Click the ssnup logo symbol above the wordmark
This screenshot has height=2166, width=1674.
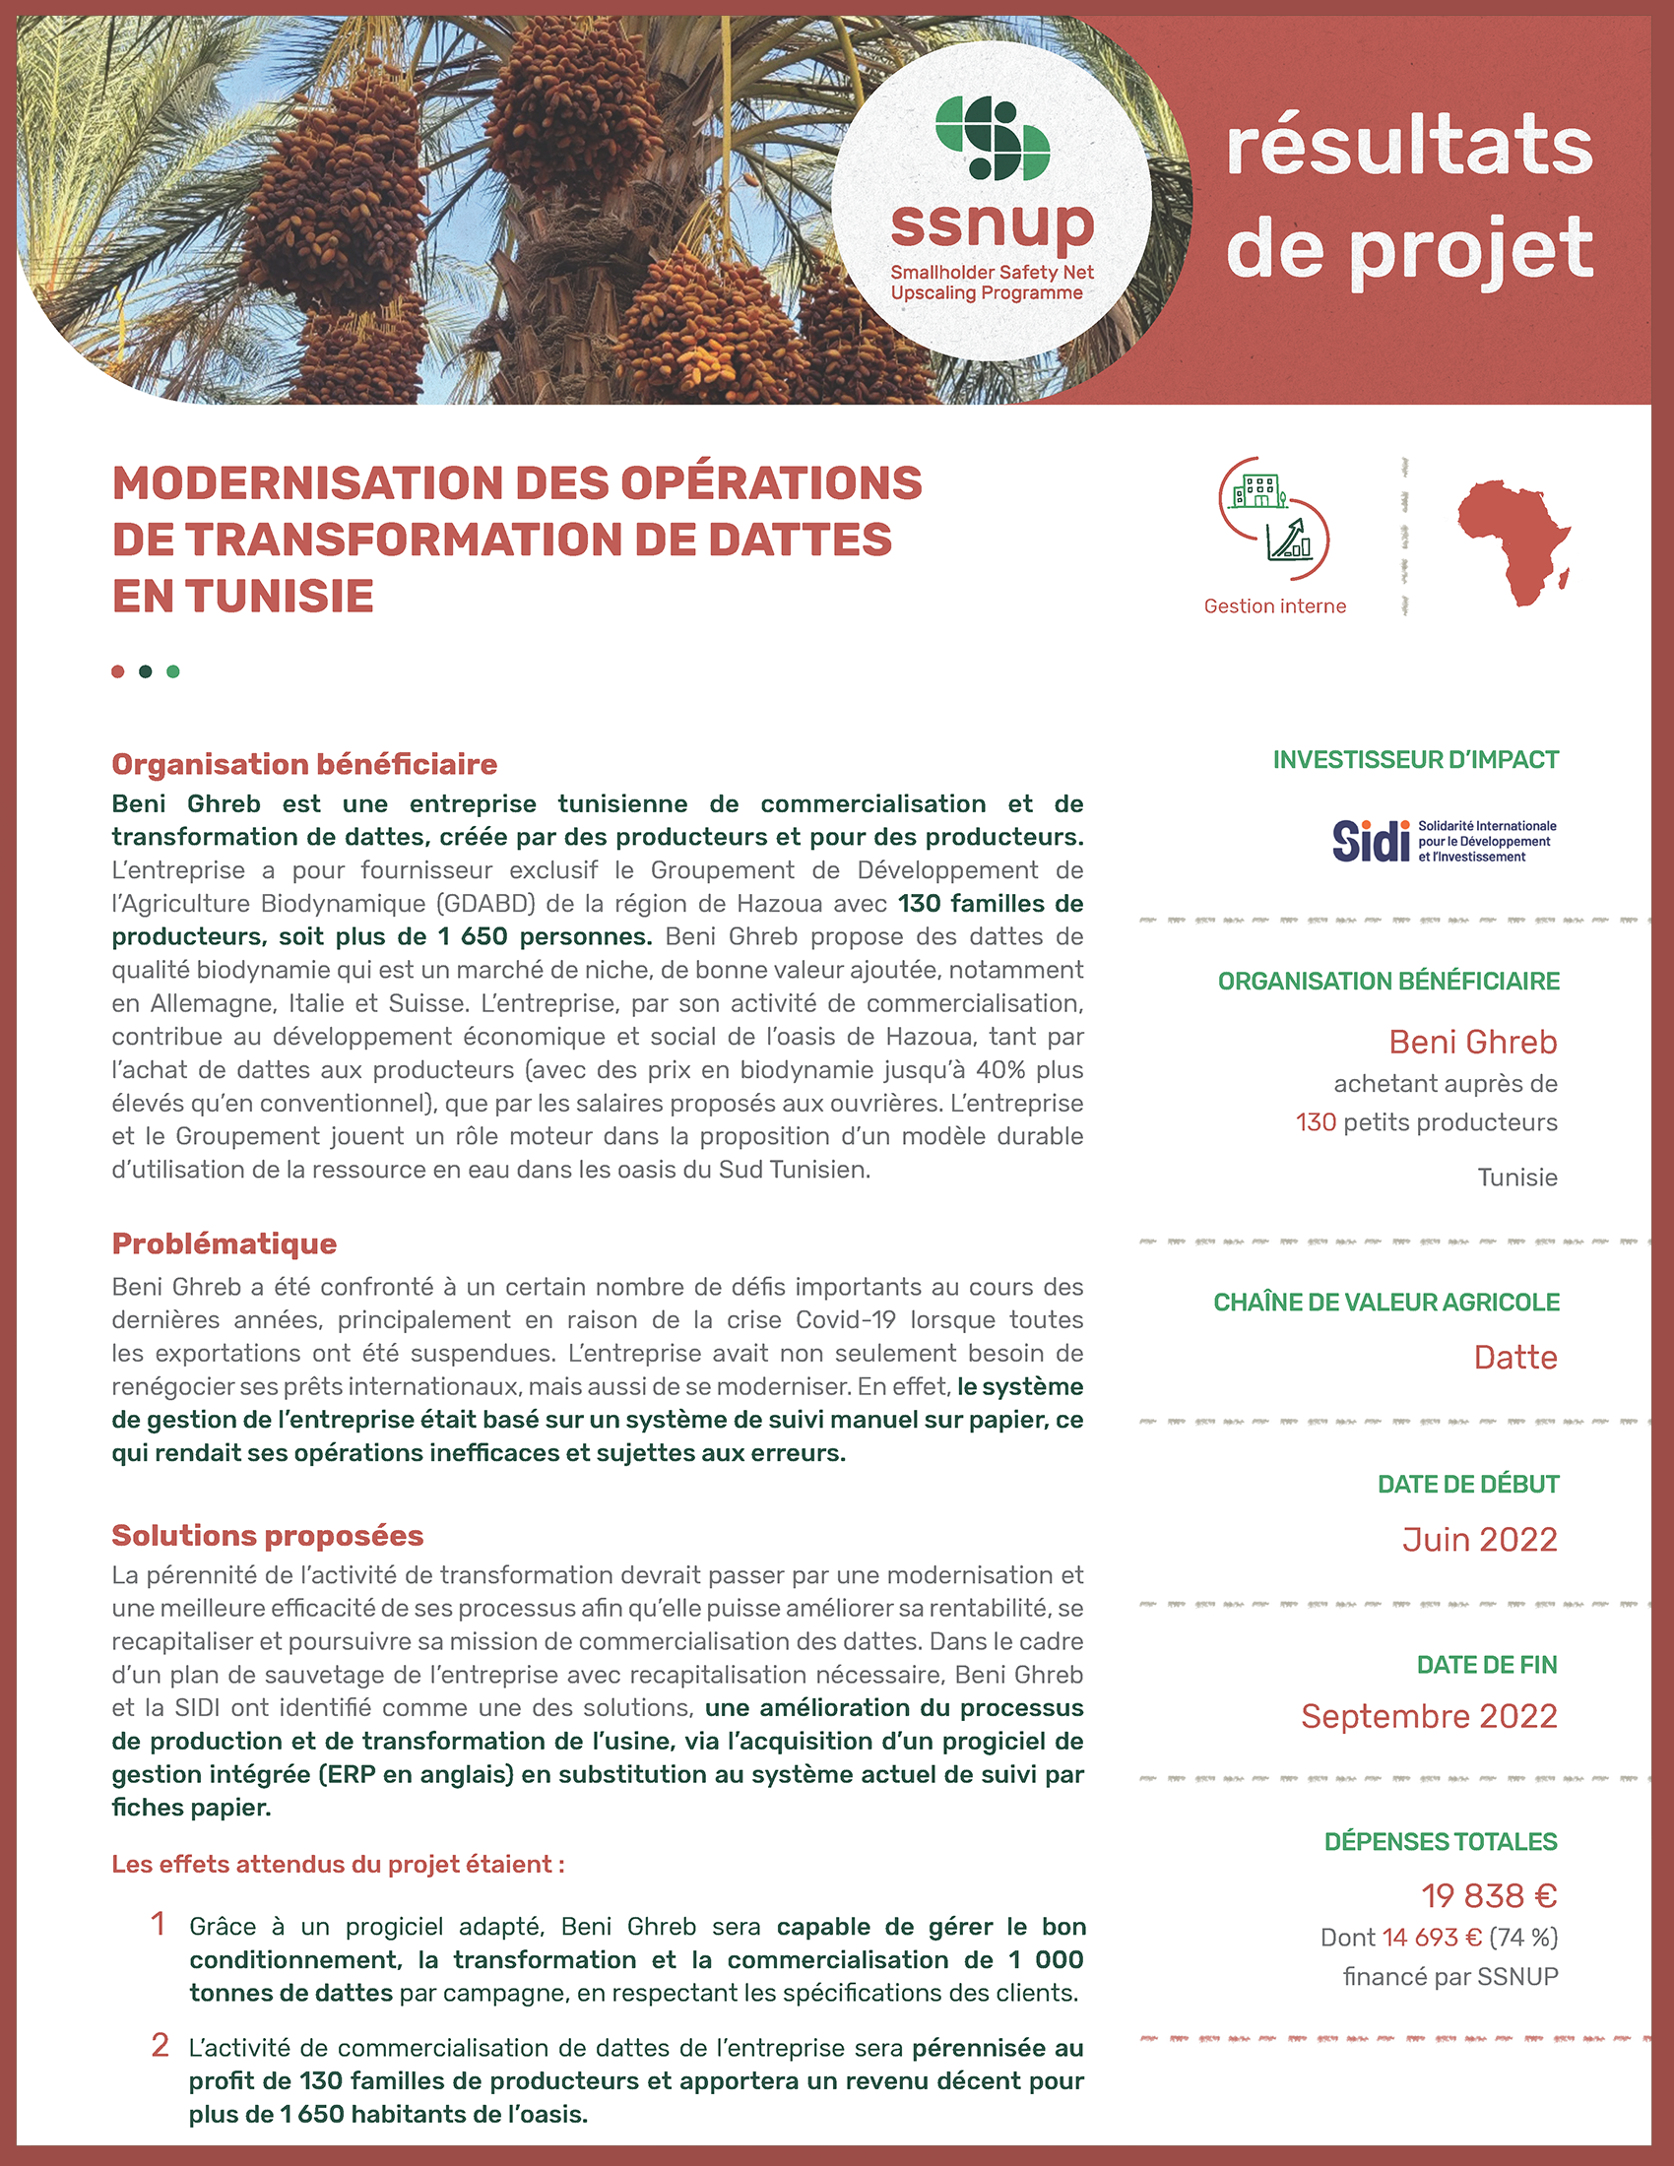pyautogui.click(x=993, y=139)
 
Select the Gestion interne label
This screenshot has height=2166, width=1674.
pyautogui.click(x=1274, y=605)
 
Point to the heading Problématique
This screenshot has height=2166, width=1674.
pyautogui.click(x=225, y=1243)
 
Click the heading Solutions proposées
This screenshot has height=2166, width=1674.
pyautogui.click(x=267, y=1535)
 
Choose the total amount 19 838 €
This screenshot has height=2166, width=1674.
pyautogui.click(x=1489, y=1895)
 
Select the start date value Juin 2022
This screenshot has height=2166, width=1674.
pyautogui.click(x=1480, y=1539)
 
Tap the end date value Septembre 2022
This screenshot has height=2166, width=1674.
pyautogui.click(x=1429, y=1716)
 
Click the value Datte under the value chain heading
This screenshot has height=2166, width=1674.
pyautogui.click(x=1515, y=1357)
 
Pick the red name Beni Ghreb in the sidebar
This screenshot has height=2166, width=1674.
pyautogui.click(x=1473, y=1042)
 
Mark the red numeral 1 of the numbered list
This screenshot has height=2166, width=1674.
pyautogui.click(x=159, y=1924)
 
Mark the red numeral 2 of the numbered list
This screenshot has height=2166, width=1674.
pyautogui.click(x=160, y=2045)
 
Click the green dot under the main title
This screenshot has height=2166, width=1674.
pyautogui.click(x=173, y=671)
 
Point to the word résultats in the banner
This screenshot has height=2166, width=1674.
pyautogui.click(x=1409, y=146)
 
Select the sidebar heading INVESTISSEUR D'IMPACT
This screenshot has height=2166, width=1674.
pyautogui.click(x=1415, y=760)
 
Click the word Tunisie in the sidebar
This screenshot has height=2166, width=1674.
pyautogui.click(x=1517, y=1178)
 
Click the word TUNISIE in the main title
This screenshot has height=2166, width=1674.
pyautogui.click(x=243, y=596)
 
